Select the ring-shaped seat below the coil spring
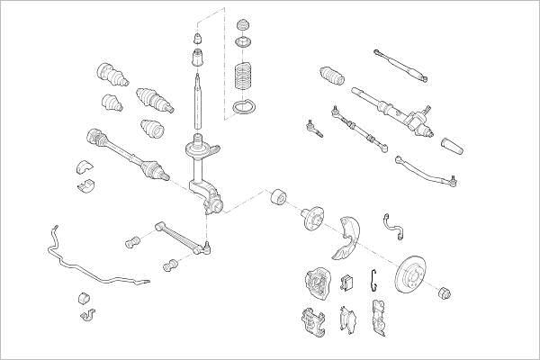pos(242,110)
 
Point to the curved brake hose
pos(393,224)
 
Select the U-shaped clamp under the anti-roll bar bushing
pos(87,316)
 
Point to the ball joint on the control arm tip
pos(206,244)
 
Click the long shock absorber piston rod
pos(197,101)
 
